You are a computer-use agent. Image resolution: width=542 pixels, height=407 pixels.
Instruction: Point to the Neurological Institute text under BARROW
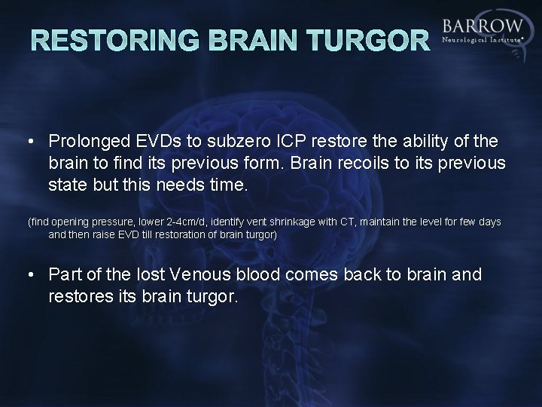483,39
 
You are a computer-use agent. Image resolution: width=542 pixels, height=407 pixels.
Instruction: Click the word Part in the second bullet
62,275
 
